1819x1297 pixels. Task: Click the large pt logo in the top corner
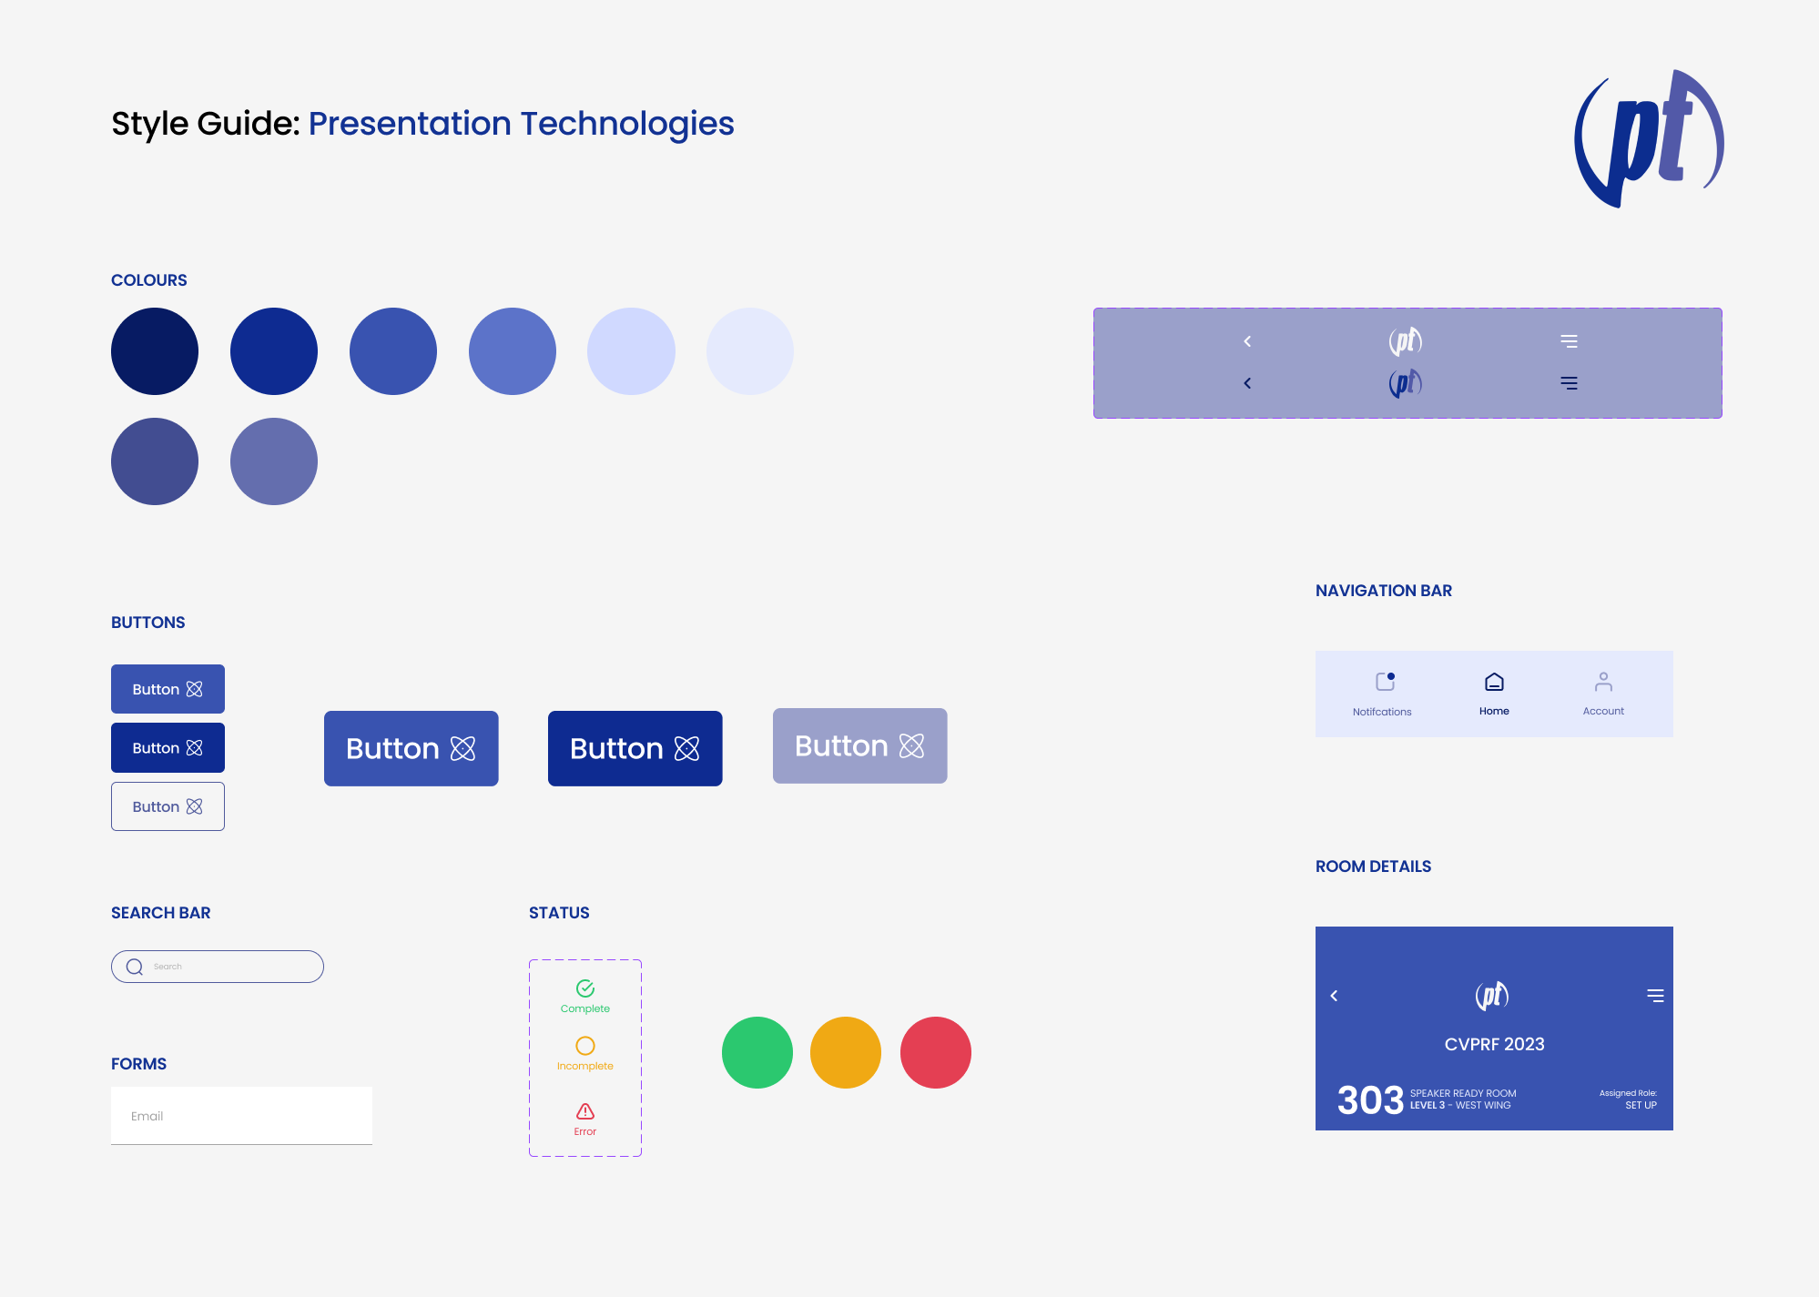click(x=1648, y=138)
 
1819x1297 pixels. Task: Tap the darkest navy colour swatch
click(x=155, y=351)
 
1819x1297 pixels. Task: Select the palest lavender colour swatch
click(x=750, y=351)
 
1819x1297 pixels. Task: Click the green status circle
click(x=757, y=1052)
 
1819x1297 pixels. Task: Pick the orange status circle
click(x=846, y=1052)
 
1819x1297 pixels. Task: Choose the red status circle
click(x=936, y=1052)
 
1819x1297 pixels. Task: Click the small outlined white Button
click(x=168, y=806)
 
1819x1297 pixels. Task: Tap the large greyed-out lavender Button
click(x=860, y=745)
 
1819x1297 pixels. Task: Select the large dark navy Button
click(x=635, y=748)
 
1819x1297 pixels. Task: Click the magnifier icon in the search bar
click(x=135, y=967)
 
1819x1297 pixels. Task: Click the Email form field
click(x=241, y=1116)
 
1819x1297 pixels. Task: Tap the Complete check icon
click(x=585, y=988)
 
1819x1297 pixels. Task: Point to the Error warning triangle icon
click(x=585, y=1111)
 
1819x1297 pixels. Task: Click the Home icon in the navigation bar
click(x=1494, y=682)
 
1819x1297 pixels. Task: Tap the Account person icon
click(x=1603, y=682)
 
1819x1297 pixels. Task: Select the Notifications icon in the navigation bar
click(x=1386, y=682)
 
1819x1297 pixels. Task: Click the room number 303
click(x=1370, y=1100)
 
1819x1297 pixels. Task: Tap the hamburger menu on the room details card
click(x=1655, y=996)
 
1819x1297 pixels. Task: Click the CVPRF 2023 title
click(x=1494, y=1044)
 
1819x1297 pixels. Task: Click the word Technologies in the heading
click(x=627, y=125)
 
